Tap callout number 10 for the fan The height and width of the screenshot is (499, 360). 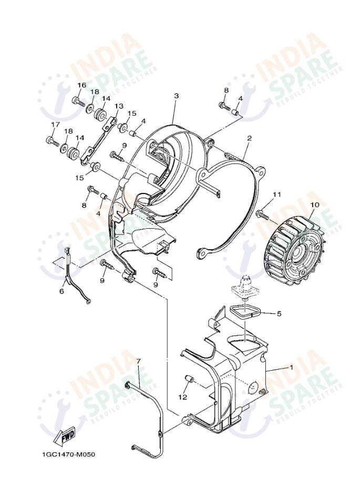(x=314, y=204)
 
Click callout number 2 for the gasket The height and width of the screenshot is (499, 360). (x=249, y=138)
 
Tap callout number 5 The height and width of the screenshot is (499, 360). (x=279, y=314)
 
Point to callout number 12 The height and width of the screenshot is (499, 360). (x=182, y=397)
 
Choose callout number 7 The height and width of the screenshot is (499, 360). (x=139, y=361)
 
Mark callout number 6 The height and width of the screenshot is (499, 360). (x=61, y=291)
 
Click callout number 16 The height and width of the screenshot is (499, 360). (x=82, y=85)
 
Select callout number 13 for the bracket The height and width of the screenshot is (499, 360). (x=119, y=106)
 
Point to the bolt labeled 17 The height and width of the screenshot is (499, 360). (x=52, y=141)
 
